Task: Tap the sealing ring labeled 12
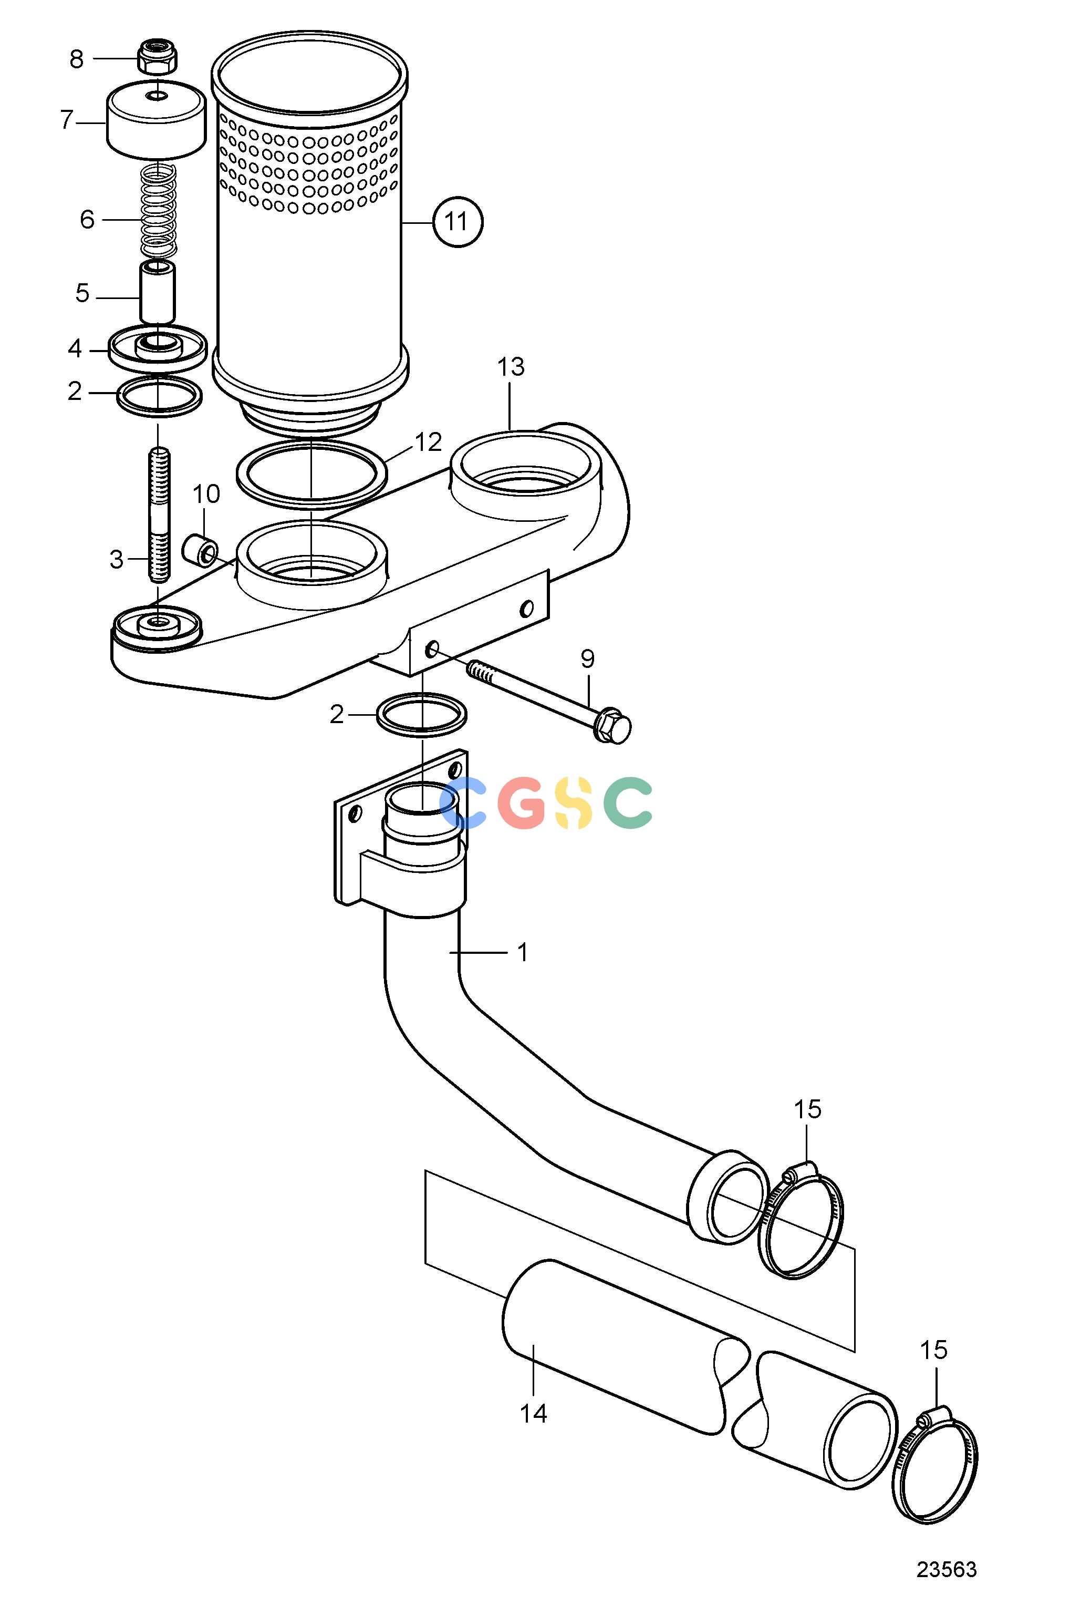pyautogui.click(x=311, y=471)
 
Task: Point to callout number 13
pyautogui.click(x=511, y=367)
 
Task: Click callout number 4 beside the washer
pyautogui.click(x=75, y=349)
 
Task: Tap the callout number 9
pyautogui.click(x=587, y=659)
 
